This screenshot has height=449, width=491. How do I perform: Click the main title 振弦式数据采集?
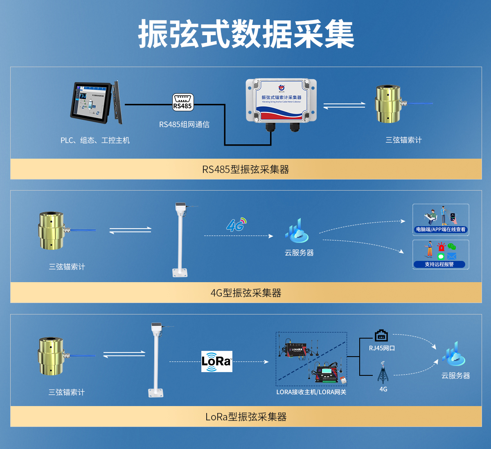(246, 34)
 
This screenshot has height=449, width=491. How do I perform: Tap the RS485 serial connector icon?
(182, 102)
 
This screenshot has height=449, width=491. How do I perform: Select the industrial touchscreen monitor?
(97, 102)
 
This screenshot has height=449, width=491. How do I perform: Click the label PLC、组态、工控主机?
(95, 140)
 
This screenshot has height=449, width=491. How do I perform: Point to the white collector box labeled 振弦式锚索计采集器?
(281, 101)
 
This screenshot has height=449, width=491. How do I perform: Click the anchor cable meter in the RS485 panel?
(388, 104)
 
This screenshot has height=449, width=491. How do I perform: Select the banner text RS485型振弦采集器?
(245, 169)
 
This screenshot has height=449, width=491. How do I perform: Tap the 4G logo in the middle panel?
(236, 224)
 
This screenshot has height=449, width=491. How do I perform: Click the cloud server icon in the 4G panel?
(297, 231)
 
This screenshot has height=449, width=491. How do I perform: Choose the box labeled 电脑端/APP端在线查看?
(441, 220)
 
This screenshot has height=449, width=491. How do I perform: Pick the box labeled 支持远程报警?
(441, 254)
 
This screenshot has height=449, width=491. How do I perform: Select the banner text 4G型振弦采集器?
(245, 293)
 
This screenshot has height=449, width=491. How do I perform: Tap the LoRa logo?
(216, 361)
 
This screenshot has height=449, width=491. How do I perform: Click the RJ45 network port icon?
(381, 336)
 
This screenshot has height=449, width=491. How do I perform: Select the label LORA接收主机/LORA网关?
(311, 392)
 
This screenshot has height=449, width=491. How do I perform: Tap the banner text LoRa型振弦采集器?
(245, 417)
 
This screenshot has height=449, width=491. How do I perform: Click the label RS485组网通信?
(184, 125)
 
